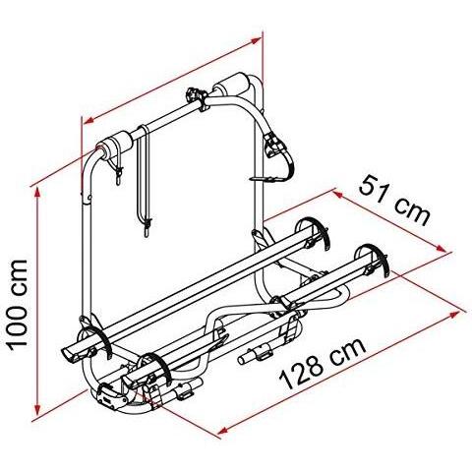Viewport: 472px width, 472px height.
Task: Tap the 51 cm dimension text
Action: [394, 200]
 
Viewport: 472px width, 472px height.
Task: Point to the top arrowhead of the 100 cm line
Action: [38, 194]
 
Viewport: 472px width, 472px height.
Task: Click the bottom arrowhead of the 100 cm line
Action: [38, 410]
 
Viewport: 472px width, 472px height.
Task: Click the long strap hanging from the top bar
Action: [144, 180]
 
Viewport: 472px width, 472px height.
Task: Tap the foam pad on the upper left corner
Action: [115, 144]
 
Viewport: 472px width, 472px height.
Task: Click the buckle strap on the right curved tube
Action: [278, 150]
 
